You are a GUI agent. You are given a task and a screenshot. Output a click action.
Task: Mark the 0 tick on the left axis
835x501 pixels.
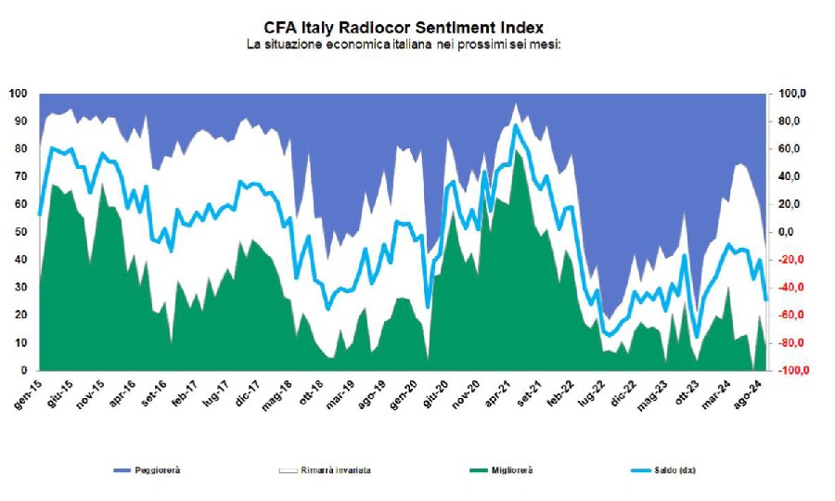23,371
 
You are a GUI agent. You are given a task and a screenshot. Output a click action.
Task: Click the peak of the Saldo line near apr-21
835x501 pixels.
516,125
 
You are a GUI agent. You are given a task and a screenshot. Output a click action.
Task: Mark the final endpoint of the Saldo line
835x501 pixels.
765,300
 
